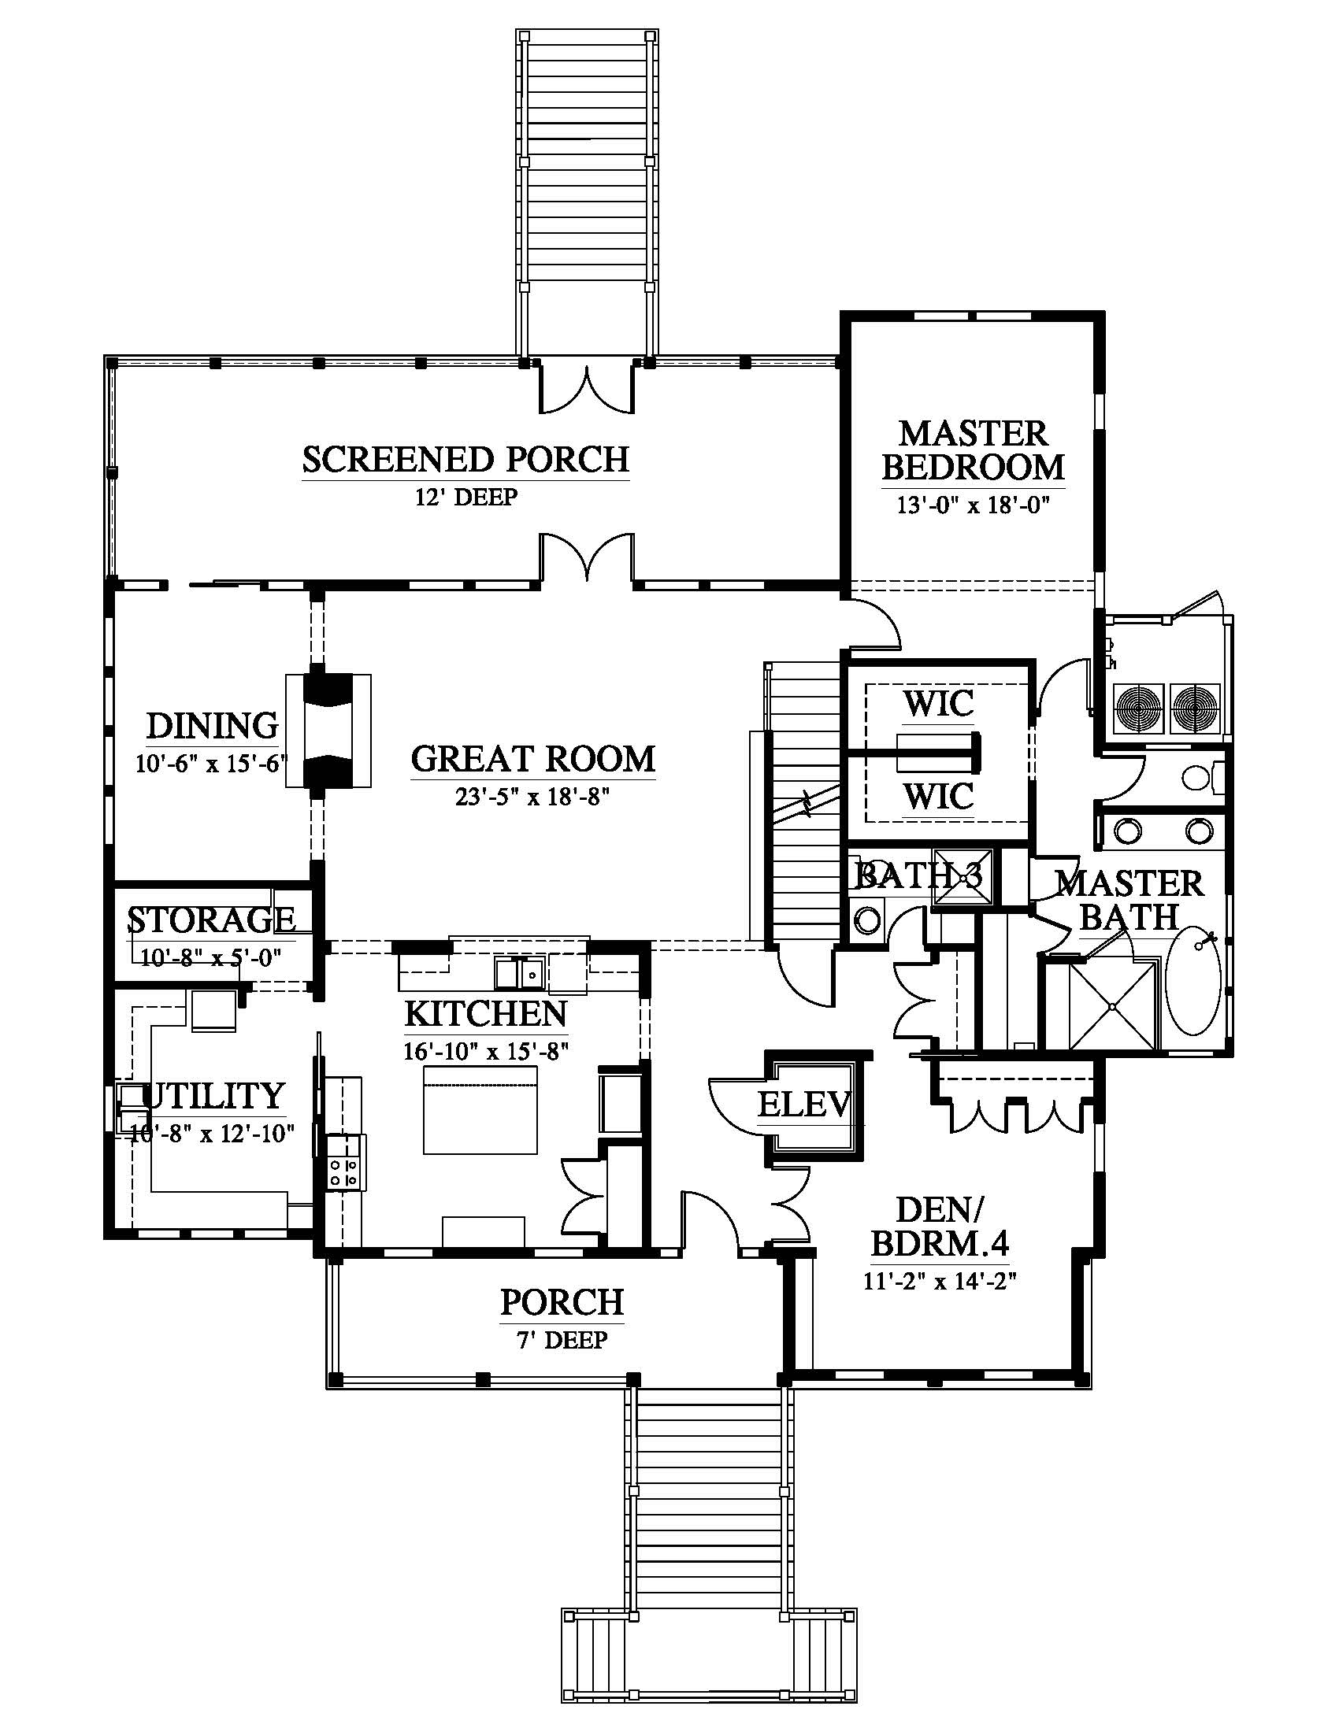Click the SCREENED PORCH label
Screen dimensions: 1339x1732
pyautogui.click(x=465, y=460)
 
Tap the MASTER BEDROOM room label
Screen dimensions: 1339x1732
pyautogui.click(x=974, y=450)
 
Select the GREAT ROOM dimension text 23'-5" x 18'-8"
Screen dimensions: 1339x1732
pyautogui.click(x=532, y=798)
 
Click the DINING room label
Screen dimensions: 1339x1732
pyautogui.click(x=213, y=726)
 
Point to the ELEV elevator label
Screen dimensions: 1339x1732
pyautogui.click(x=804, y=1104)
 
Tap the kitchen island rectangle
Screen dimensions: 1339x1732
pyautogui.click(x=480, y=1110)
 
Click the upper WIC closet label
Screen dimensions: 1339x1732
pyautogui.click(x=938, y=703)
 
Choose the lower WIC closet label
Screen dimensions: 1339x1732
pyautogui.click(x=938, y=796)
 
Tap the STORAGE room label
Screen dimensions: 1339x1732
pyautogui.click(x=212, y=919)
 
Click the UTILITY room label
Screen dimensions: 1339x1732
pyautogui.click(x=213, y=1095)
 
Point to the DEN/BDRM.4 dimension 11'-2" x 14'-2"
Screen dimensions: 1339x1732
pyautogui.click(x=940, y=1282)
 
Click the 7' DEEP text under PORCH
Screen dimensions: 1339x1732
pyautogui.click(x=562, y=1340)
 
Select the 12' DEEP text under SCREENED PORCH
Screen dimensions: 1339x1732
pyautogui.click(x=465, y=498)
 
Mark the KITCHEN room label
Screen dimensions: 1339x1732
pyautogui.click(x=485, y=1013)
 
